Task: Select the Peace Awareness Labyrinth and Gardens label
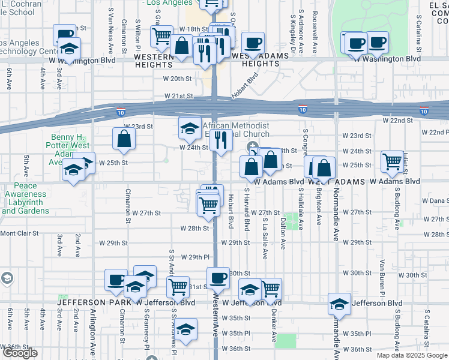[x=25, y=199]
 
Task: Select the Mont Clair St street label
[x=19, y=233]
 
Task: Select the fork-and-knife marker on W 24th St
[x=222, y=140]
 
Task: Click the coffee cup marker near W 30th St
[x=217, y=278]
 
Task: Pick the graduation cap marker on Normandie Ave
[x=339, y=304]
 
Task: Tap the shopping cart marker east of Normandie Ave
[x=392, y=160]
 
